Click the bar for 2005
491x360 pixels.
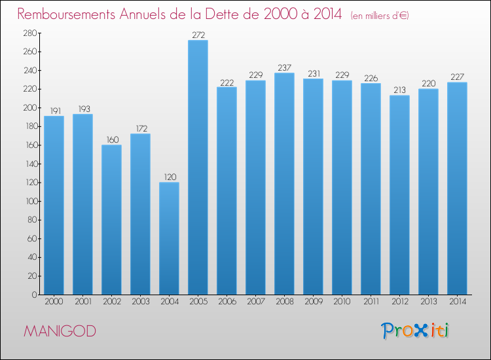point(198,168)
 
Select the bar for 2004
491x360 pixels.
point(169,238)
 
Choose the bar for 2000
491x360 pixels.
point(54,206)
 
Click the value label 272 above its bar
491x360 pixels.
point(198,35)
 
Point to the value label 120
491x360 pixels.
point(169,177)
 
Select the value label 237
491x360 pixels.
point(284,67)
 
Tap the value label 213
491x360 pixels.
point(399,90)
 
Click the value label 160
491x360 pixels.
point(111,139)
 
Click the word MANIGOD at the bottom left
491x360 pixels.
point(60,331)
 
